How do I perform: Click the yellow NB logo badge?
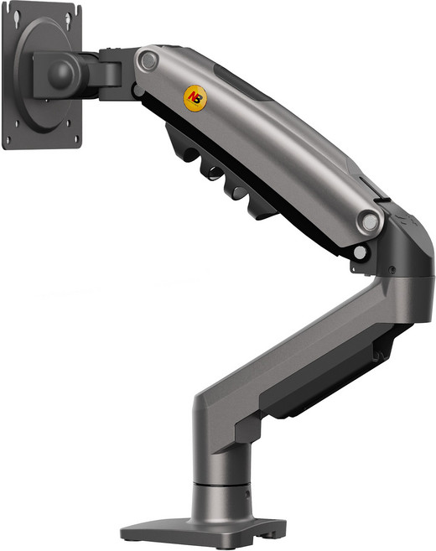coord(195,98)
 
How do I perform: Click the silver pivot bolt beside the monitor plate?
coord(148,60)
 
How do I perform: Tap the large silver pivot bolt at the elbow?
coord(370,221)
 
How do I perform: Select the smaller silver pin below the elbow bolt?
coord(360,252)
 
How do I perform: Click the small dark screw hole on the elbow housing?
coord(392,270)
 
